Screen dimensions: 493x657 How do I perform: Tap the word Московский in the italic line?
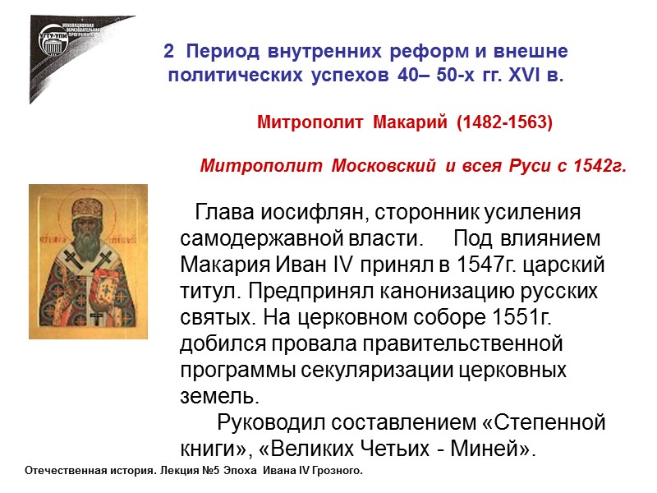point(387,168)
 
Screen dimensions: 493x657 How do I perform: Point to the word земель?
point(218,396)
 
